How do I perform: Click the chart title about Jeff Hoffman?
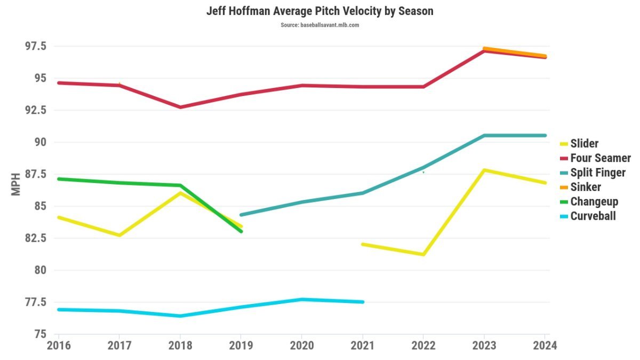[320, 11]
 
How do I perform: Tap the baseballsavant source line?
[320, 25]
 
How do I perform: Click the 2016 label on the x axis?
[59, 346]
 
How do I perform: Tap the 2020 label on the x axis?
[302, 346]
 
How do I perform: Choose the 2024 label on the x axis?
[545, 346]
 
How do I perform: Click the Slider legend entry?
[584, 143]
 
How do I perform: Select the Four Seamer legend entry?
[600, 158]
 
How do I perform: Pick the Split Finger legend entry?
[597, 173]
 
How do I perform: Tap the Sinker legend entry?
[585, 187]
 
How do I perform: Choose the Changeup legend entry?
[594, 202]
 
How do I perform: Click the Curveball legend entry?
[593, 216]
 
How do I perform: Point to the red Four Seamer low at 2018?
[181, 107]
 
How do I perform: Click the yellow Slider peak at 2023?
[483, 170]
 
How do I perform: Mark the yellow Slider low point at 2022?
[423, 254]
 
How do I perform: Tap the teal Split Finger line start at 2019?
[241, 215]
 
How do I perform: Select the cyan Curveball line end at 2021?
[363, 302]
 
